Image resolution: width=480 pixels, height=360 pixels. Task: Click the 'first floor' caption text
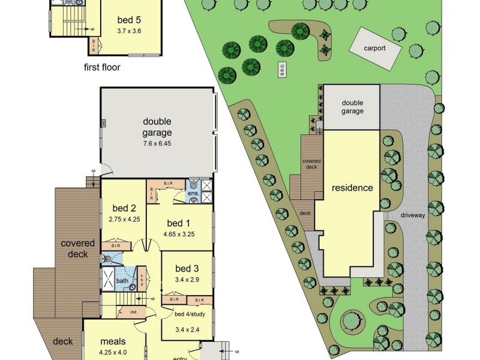click(x=102, y=67)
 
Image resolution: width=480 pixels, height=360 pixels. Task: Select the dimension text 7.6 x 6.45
click(x=157, y=144)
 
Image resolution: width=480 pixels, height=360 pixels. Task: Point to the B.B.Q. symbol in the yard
click(x=280, y=68)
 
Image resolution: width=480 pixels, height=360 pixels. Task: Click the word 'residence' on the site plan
click(x=352, y=188)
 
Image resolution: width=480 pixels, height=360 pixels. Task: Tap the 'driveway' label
click(x=413, y=215)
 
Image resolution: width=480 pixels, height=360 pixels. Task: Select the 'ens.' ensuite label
click(x=193, y=194)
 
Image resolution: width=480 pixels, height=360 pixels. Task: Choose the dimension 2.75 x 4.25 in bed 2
click(x=124, y=220)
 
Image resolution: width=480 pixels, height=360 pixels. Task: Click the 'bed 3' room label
click(x=187, y=268)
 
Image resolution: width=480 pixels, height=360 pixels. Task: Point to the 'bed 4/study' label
click(x=187, y=315)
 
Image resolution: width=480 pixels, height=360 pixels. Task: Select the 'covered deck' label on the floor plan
click(x=78, y=248)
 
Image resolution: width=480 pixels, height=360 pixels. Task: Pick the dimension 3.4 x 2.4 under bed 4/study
click(x=187, y=329)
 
